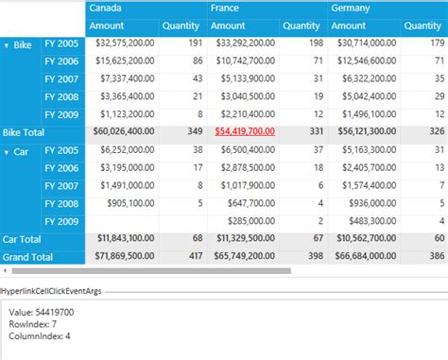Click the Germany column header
351,8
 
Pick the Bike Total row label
25,133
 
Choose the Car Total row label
24,238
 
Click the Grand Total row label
29,256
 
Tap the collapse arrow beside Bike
8,45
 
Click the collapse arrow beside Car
8,151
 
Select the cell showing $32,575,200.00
122,43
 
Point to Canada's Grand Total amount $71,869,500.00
122,256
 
